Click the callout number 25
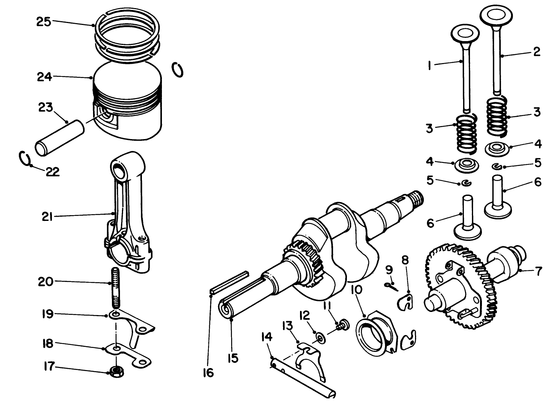pos(43,22)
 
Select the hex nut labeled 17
pos(115,371)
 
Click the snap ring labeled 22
pos(25,158)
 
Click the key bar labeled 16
pos(229,282)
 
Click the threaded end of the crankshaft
pos(417,199)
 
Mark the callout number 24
pos(45,77)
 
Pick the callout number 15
pos(232,358)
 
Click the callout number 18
pos(47,343)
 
